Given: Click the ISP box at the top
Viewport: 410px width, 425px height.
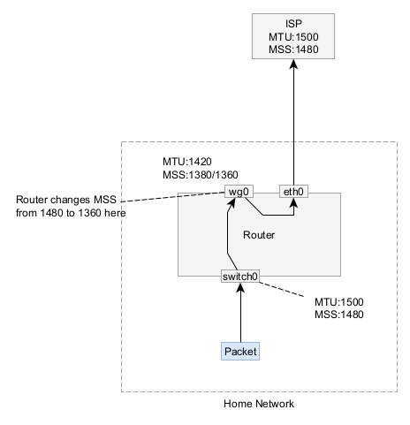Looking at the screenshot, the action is [x=293, y=36].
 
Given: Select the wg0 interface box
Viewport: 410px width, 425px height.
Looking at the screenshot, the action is [x=239, y=192].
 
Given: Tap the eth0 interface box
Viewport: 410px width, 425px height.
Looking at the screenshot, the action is [x=293, y=192].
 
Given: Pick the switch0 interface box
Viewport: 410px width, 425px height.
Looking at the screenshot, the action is [x=240, y=277].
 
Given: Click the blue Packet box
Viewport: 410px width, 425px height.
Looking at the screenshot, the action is [x=240, y=351].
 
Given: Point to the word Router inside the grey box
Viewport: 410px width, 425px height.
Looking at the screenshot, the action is [x=259, y=235].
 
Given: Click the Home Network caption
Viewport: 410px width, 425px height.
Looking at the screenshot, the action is [x=259, y=403].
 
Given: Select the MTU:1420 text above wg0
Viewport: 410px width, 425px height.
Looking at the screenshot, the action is [x=187, y=162].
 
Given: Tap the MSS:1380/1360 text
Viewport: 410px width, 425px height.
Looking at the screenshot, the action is [x=201, y=175].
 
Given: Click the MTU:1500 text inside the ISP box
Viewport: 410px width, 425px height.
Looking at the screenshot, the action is [x=293, y=37].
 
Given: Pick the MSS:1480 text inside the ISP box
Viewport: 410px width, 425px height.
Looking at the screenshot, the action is [x=293, y=49].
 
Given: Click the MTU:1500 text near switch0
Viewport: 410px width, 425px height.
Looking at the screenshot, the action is [x=339, y=302].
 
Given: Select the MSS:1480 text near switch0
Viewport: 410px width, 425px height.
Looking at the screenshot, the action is [x=339, y=315].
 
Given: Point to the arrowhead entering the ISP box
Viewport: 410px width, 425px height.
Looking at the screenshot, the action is [x=293, y=64].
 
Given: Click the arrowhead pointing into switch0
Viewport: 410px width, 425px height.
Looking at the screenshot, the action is [x=240, y=287].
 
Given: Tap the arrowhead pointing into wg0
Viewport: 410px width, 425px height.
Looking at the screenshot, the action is [x=232, y=203].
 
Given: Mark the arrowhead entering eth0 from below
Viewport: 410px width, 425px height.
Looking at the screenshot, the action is [x=293, y=202].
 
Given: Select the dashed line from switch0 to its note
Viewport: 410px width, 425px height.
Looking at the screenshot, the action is [x=282, y=289].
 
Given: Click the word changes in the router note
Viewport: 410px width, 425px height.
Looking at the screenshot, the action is [x=71, y=200].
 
